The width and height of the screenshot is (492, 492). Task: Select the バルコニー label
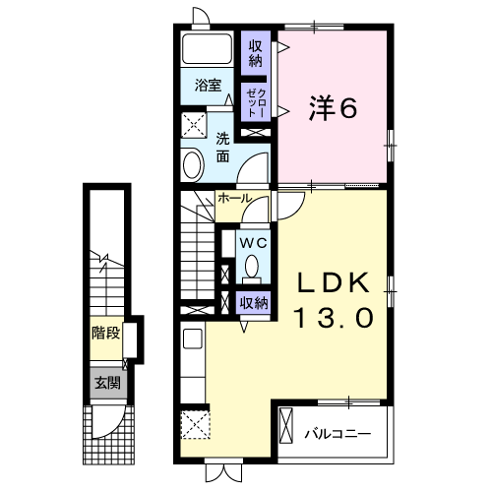pos(337,433)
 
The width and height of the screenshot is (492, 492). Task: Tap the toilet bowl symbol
pos(253,266)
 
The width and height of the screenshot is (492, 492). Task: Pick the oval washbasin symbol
pos(193,162)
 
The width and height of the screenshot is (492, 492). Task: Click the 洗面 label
pos(223,147)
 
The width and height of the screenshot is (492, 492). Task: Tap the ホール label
pos(233,199)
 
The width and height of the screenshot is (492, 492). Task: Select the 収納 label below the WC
pos(254,303)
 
